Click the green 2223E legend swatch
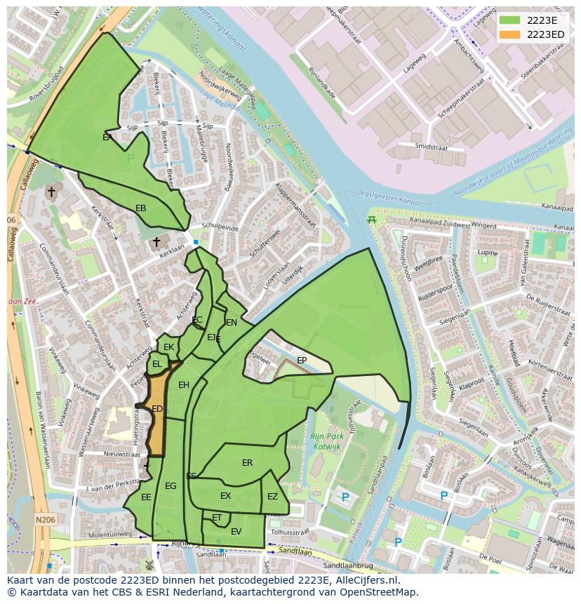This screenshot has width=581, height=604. coord(510,20)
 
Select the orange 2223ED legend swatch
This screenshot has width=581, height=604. coord(510,34)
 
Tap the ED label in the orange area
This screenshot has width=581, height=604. coord(157,409)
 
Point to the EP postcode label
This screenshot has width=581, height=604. coord(302,361)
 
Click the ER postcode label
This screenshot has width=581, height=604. coord(247,463)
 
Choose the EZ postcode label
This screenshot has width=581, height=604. coord(272,497)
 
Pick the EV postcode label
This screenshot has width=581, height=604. coord(236,532)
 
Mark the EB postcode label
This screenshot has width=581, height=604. coord(141,208)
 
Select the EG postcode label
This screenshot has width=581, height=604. coord(171,486)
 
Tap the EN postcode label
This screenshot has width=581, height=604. coord(232,323)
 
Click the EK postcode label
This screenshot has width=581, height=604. coord(168,347)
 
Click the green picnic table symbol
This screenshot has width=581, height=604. coord(372,220)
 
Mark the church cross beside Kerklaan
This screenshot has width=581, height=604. coord(156,242)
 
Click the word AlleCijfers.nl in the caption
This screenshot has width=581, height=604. coord(365,580)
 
